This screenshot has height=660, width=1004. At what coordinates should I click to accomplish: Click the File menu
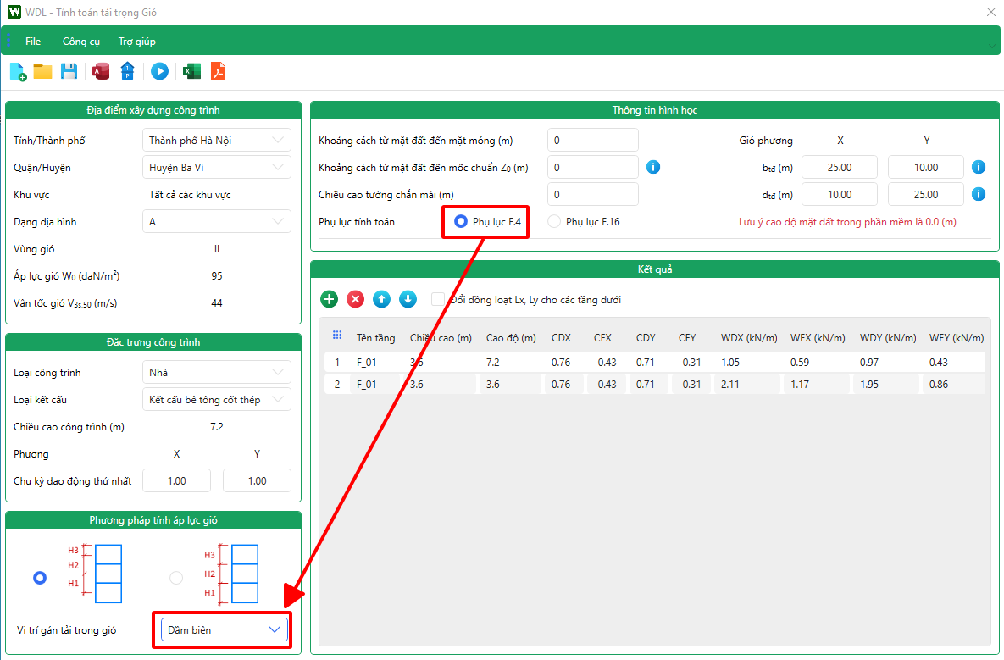click(33, 42)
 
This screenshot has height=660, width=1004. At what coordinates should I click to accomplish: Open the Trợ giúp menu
click(137, 42)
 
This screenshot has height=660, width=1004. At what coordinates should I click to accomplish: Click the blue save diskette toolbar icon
click(69, 71)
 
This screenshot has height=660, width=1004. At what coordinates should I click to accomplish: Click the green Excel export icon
click(191, 71)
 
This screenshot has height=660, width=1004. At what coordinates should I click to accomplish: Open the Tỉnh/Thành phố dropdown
click(216, 140)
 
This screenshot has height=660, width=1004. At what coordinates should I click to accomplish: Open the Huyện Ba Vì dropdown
click(216, 167)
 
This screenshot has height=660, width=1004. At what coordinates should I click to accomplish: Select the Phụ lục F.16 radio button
click(554, 221)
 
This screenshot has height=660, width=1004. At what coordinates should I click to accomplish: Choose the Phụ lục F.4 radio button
click(460, 221)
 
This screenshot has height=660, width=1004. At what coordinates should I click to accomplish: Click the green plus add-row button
click(329, 299)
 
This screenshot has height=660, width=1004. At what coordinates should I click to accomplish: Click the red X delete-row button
click(355, 299)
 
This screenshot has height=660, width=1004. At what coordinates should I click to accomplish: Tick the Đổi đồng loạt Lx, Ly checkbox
click(438, 300)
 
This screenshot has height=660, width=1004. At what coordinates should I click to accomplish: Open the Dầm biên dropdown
click(221, 629)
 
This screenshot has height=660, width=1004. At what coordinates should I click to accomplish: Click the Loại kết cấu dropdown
click(216, 399)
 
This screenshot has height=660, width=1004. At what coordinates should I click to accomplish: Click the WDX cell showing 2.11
click(730, 385)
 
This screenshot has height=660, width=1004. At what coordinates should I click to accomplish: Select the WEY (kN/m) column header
click(956, 338)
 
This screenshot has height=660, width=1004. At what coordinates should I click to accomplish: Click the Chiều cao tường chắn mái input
click(593, 194)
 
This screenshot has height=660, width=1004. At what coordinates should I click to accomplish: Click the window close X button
click(990, 12)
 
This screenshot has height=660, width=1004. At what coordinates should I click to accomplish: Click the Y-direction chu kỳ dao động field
click(257, 480)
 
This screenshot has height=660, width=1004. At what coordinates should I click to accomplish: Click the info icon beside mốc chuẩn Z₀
click(653, 167)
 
